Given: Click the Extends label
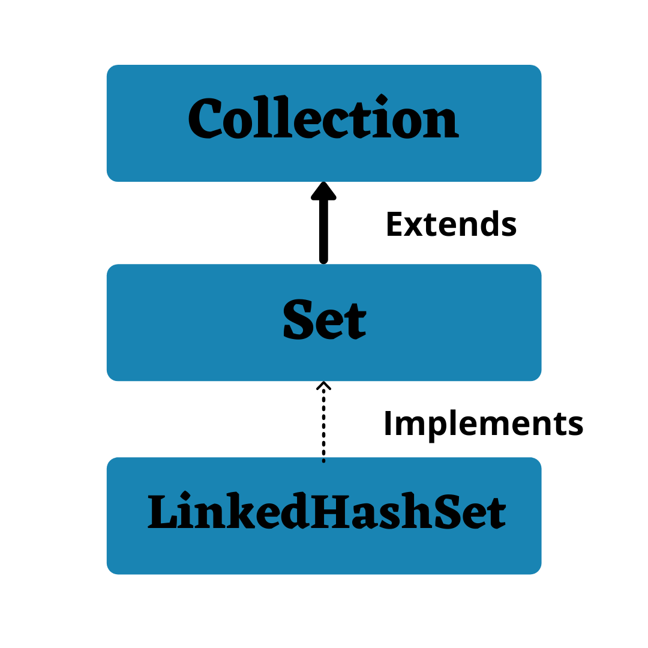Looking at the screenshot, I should click(x=451, y=225).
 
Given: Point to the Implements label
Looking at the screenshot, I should click(x=483, y=424).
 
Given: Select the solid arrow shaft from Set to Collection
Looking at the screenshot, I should click(x=324, y=231).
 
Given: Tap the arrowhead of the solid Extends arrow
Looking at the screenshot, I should click(x=324, y=191).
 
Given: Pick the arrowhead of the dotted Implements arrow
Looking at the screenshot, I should click(x=324, y=385).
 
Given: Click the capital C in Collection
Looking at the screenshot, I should click(x=204, y=119).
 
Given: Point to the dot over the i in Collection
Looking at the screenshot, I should click(x=382, y=100).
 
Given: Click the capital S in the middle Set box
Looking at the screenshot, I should click(x=298, y=321).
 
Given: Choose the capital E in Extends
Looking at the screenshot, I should click(x=395, y=225).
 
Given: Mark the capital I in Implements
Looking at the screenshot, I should click(x=388, y=424).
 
